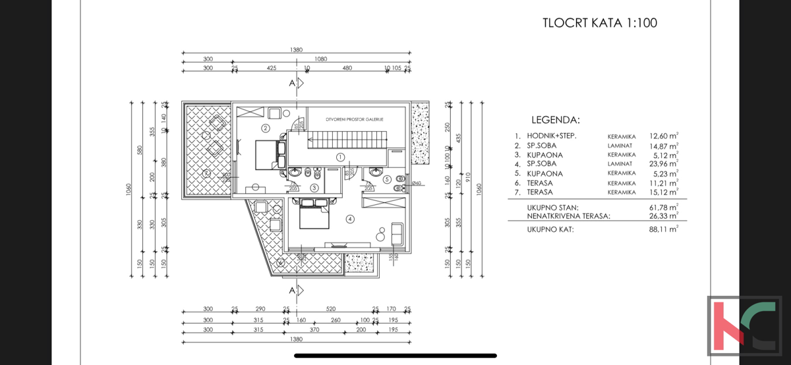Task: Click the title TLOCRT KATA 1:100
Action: point(599,23)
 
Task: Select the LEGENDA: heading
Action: point(555,120)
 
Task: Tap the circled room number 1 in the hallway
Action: point(340,157)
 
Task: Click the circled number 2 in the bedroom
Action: point(266,128)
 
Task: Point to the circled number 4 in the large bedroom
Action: point(350,219)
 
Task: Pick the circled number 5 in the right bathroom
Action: point(387,179)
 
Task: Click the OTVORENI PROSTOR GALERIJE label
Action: point(355,119)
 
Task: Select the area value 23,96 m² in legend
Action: point(664,164)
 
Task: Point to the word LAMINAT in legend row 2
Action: point(620,146)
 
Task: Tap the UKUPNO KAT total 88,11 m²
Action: point(664,229)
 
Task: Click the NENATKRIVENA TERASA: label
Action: point(568,215)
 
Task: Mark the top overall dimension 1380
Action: point(296,50)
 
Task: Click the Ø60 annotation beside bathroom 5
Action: point(416,183)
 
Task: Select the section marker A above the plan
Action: point(293,84)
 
